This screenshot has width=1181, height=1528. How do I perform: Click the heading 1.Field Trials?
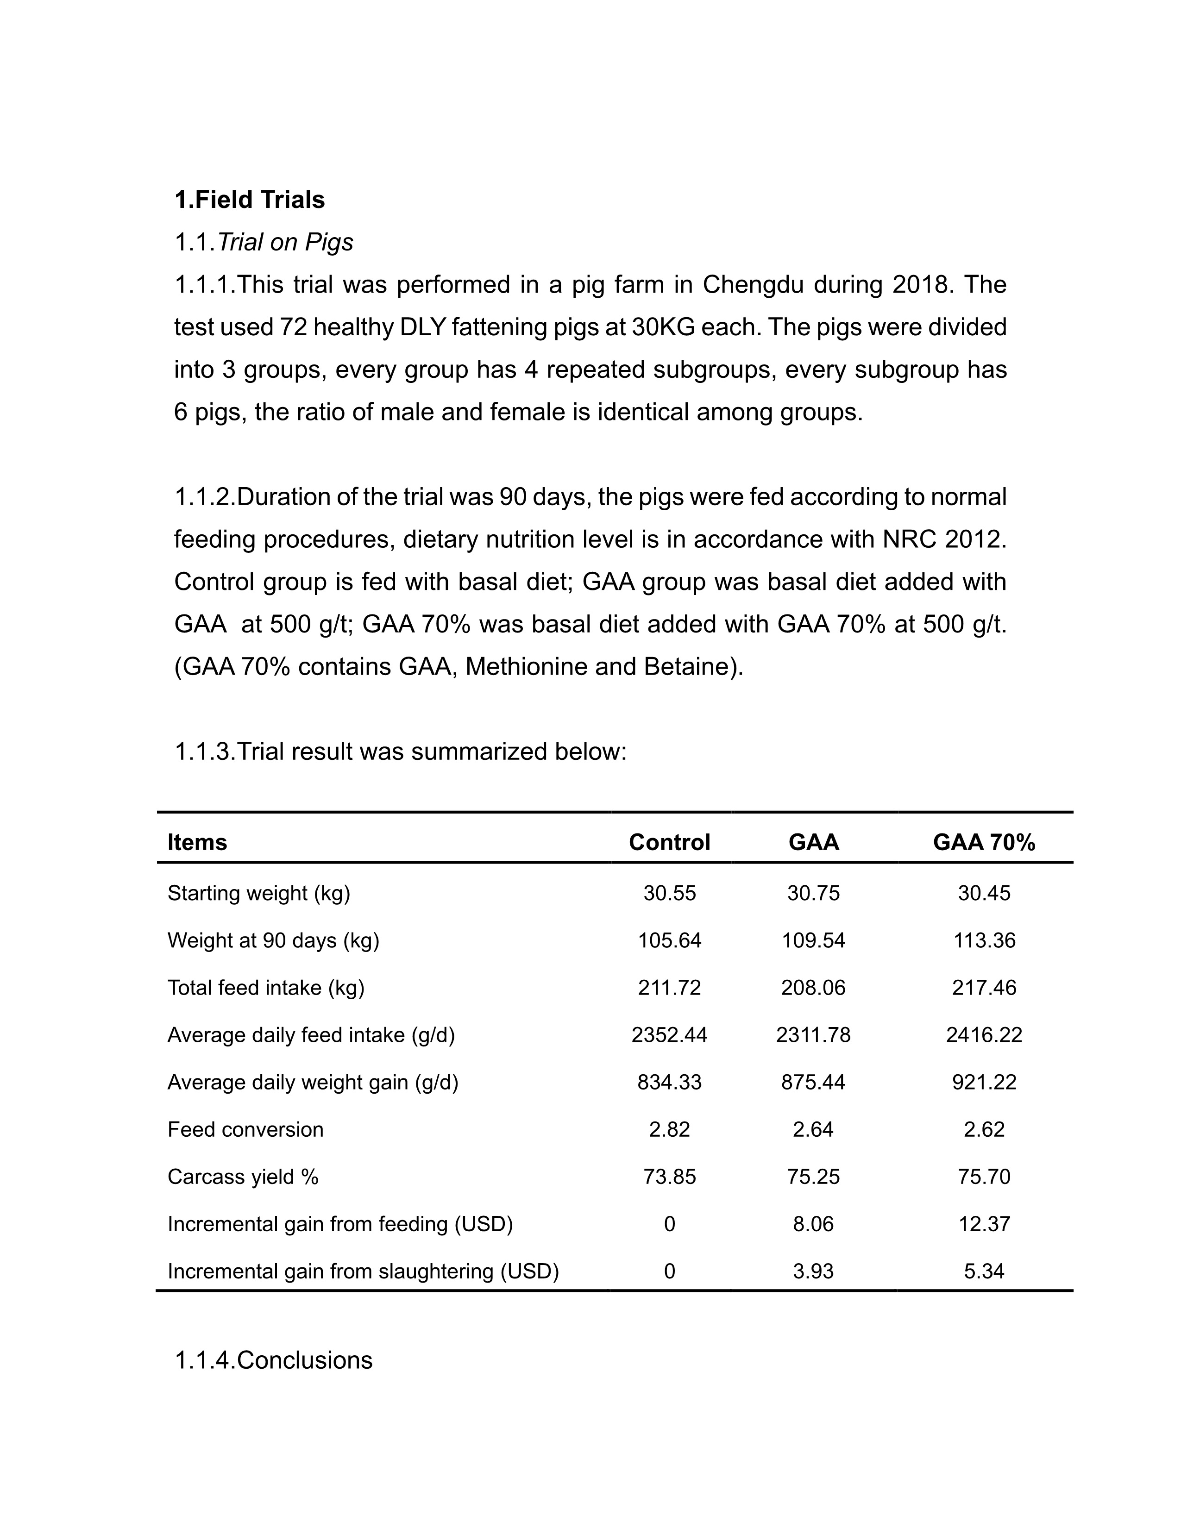point(249,200)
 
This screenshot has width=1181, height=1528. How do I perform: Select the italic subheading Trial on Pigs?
point(285,243)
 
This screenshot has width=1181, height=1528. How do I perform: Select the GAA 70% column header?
point(984,842)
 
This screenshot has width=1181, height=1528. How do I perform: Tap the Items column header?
point(197,842)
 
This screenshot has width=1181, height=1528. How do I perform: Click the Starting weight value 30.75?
point(813,894)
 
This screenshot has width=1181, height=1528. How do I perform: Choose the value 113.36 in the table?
point(984,940)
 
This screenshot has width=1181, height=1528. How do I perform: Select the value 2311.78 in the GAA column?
point(813,1035)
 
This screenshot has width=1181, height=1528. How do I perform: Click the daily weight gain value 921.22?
point(984,1083)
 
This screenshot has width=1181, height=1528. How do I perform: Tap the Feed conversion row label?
point(245,1130)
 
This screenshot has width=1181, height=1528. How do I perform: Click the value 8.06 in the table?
point(813,1224)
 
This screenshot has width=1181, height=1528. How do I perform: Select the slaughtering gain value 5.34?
point(984,1271)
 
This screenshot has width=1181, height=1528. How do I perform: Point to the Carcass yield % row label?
point(243,1177)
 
